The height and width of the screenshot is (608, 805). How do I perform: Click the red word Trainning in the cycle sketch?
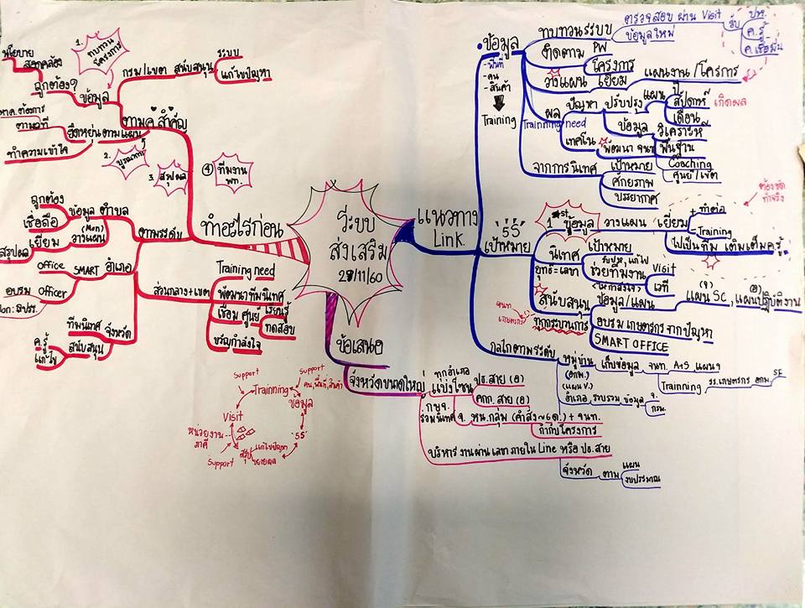pos(270,390)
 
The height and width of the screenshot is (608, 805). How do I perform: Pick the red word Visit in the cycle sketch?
pos(233,416)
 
